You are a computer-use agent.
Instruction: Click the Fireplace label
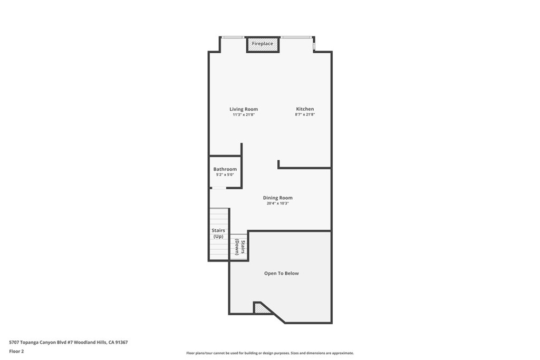[x=263, y=44]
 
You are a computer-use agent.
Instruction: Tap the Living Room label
[x=244, y=109]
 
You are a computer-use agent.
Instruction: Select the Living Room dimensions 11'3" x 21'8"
[x=244, y=114]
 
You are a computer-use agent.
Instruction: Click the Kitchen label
[x=305, y=109]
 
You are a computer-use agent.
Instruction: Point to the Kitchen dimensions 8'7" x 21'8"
[x=305, y=114]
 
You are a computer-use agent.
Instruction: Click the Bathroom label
[x=225, y=169]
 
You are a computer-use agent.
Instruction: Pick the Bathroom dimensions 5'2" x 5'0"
[x=225, y=174]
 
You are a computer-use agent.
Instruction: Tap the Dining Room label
[x=278, y=198]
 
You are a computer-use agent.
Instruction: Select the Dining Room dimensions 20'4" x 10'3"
[x=278, y=203]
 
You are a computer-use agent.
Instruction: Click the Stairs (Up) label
[x=218, y=233]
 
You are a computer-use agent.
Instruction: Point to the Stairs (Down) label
[x=240, y=247]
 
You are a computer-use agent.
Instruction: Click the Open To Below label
[x=282, y=273]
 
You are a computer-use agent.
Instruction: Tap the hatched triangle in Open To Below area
[x=261, y=309]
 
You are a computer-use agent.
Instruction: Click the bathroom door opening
[x=219, y=188]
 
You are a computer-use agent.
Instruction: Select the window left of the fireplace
[x=233, y=37]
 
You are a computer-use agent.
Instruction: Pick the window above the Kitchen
[x=296, y=37]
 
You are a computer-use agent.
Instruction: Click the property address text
[x=69, y=342]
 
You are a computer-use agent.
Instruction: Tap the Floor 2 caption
[x=16, y=352]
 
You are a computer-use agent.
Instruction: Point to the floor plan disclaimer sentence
[x=270, y=353]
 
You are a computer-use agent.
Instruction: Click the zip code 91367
[x=122, y=342]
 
